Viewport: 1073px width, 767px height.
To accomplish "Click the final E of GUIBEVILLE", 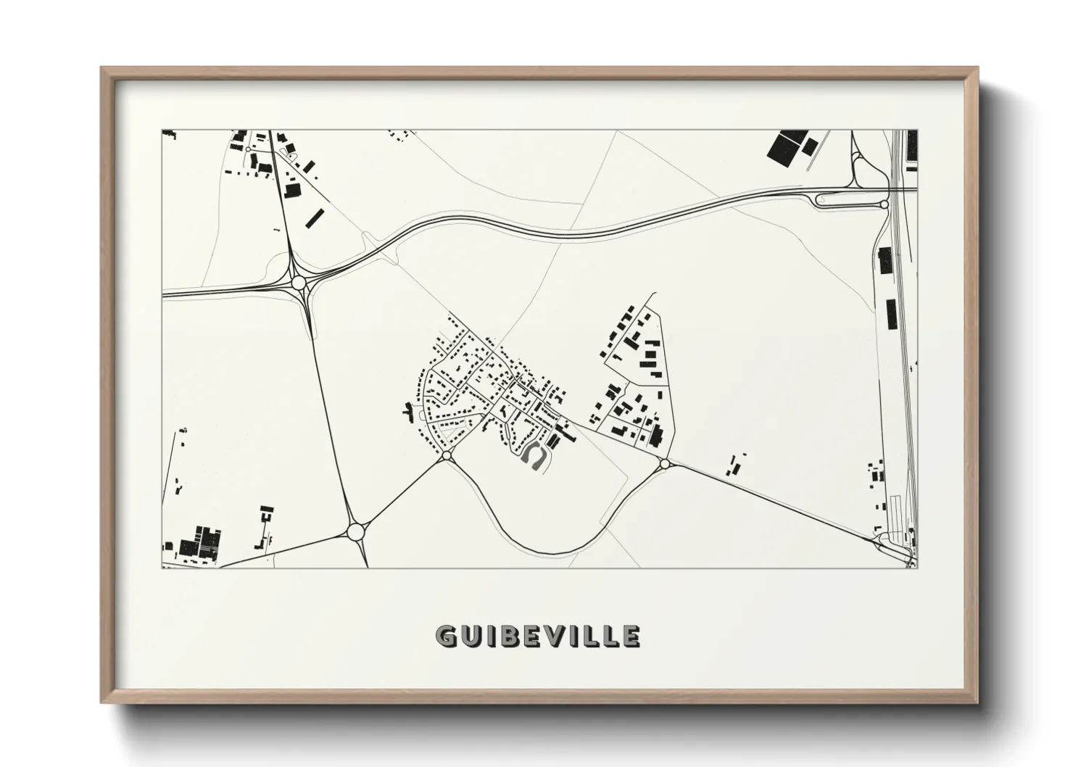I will [x=630, y=637].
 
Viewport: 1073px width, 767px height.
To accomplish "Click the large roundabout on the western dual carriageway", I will [x=299, y=282].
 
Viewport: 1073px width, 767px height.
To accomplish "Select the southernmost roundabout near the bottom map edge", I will [x=355, y=532].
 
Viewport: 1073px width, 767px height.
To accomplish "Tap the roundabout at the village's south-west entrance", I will [x=446, y=455].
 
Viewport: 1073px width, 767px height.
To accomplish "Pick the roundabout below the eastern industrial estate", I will [x=665, y=463].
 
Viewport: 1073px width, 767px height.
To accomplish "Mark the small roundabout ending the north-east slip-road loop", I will [x=884, y=204].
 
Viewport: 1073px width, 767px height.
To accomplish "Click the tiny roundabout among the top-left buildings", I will [x=249, y=149].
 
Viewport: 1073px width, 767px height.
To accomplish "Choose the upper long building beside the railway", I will [x=885, y=260].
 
